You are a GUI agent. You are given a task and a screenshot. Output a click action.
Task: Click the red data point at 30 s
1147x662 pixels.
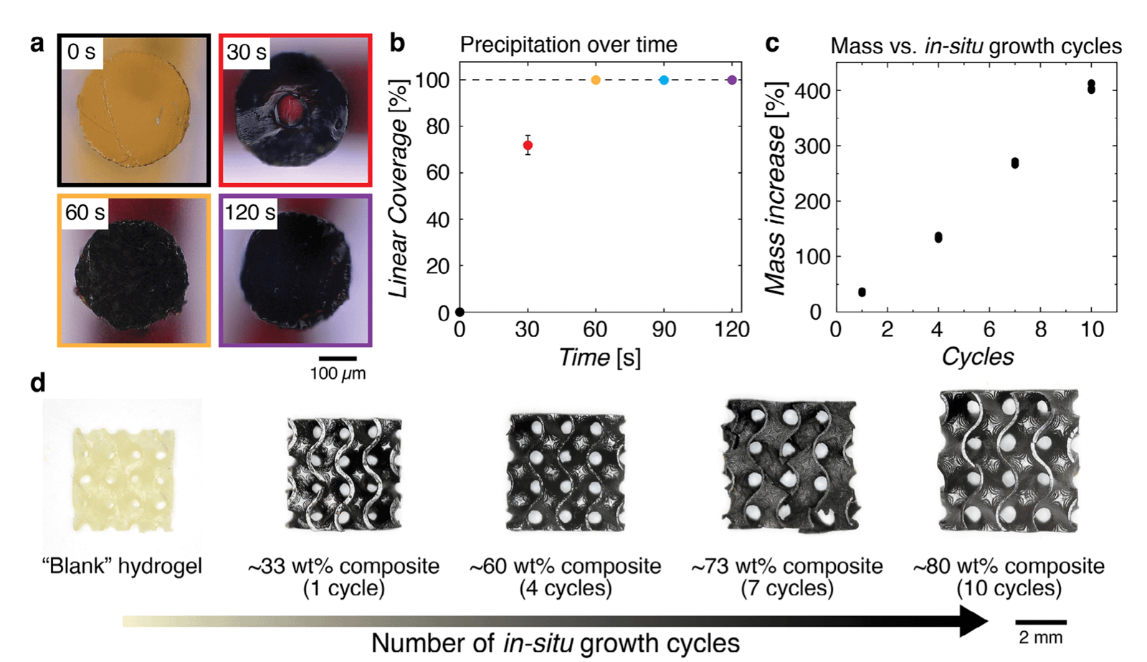click(x=528, y=146)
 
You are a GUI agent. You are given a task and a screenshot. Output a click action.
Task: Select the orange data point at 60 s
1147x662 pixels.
click(x=596, y=80)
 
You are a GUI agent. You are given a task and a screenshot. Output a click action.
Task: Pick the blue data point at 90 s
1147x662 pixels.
click(x=664, y=80)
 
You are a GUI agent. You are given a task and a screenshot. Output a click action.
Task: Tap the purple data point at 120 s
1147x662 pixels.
click(x=731, y=80)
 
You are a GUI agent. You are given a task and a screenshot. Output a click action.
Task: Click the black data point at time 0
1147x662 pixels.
click(x=460, y=312)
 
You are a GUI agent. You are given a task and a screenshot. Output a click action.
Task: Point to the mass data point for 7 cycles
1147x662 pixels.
click(x=1014, y=164)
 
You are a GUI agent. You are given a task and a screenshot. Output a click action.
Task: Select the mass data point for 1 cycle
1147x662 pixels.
click(x=862, y=292)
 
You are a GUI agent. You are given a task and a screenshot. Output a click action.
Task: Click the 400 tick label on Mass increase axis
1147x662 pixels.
click(x=804, y=91)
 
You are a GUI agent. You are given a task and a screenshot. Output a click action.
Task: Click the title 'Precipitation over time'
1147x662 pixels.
click(x=568, y=44)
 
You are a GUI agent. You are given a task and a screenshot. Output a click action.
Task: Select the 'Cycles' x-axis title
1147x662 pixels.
click(x=977, y=356)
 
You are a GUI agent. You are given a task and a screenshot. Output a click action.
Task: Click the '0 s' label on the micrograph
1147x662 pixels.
click(x=81, y=52)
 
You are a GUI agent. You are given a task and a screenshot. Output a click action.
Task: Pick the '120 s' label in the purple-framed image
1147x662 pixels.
click(x=249, y=212)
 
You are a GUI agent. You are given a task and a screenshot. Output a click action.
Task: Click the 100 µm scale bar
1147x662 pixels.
click(x=338, y=358)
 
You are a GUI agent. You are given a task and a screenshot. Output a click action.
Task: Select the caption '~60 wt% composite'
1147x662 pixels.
click(x=565, y=566)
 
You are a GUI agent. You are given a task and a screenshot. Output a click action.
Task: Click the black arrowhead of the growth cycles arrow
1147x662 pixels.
click(x=974, y=621)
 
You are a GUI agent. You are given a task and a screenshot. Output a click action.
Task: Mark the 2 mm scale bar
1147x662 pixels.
click(x=1040, y=622)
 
